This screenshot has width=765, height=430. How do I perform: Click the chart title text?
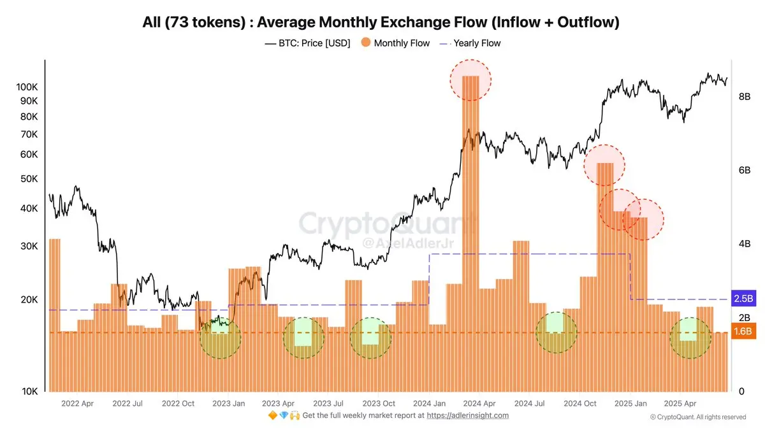(x=382, y=22)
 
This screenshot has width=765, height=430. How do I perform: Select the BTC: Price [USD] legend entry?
(x=307, y=43)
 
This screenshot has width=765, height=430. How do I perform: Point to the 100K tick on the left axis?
(x=26, y=87)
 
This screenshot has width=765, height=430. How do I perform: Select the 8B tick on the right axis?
(x=744, y=97)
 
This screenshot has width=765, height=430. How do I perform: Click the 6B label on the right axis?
(x=744, y=170)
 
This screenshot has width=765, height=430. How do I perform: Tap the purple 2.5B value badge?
(x=743, y=298)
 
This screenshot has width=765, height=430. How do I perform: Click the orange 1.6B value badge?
(x=743, y=331)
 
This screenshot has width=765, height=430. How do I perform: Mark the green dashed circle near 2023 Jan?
(x=221, y=337)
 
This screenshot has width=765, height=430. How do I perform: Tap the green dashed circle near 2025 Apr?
(x=690, y=338)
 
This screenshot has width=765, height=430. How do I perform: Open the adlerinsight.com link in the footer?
(x=467, y=415)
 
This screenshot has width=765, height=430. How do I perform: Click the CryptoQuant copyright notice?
(x=698, y=417)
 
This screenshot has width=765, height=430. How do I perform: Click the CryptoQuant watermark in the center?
(x=388, y=224)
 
